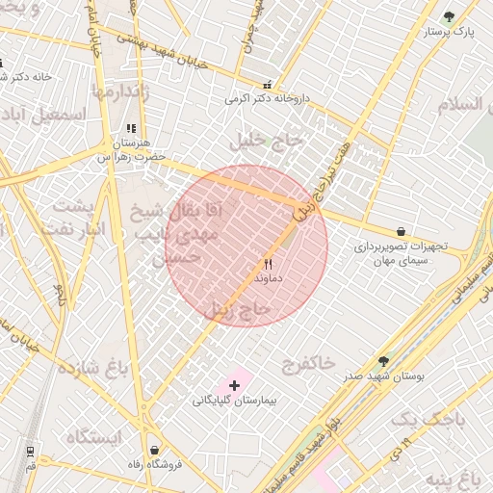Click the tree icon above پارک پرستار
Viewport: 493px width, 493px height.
click(x=449, y=16)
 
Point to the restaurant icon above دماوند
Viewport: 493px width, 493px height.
click(x=269, y=263)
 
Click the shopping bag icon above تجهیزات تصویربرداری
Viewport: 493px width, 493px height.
click(x=401, y=232)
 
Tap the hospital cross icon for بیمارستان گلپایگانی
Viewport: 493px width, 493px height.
click(x=235, y=384)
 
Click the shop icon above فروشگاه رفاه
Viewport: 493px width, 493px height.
click(x=154, y=450)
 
